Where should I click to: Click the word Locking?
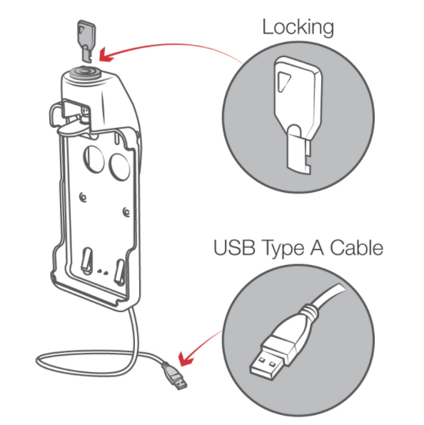coord(298,28)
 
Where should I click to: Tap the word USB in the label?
coord(234,247)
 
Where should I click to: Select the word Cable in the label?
coord(356,247)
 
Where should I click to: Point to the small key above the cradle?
coord(86,41)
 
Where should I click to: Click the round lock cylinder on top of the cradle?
coord(86,73)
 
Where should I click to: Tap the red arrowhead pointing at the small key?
coord(106,55)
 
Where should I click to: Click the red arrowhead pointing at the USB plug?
coord(186,359)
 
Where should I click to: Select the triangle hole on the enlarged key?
coord(283,81)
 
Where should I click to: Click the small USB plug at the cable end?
coord(175,376)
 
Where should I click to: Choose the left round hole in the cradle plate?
coord(94,159)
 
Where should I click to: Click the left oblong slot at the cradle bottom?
coord(86,260)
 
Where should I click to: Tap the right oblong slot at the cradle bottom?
coord(120,272)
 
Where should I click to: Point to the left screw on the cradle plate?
coord(83,198)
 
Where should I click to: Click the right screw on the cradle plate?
coord(126,212)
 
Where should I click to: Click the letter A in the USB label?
coord(317,247)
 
